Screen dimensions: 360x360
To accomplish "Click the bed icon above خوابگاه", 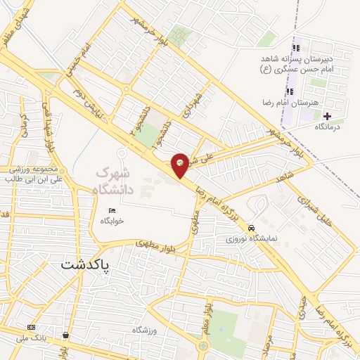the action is point(112,210).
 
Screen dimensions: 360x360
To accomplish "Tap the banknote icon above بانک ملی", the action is point(31,327).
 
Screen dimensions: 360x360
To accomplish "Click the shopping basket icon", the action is point(65,336).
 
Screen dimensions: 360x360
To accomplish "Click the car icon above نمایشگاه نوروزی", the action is point(252,228).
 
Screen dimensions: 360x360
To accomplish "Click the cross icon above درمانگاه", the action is point(327,115).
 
